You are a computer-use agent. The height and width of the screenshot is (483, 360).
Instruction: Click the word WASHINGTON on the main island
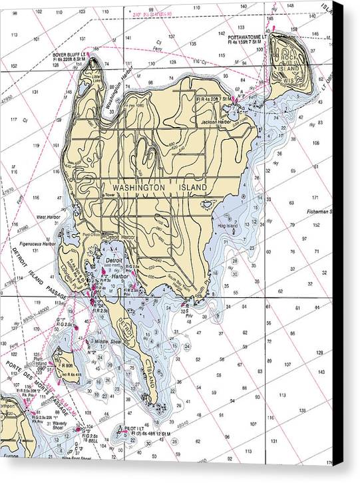(138, 188)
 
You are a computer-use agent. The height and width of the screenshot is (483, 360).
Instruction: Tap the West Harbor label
(49, 217)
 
